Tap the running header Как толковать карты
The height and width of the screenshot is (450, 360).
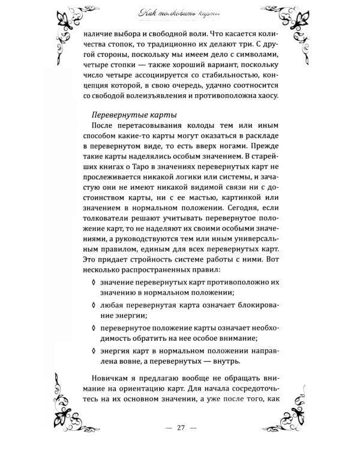(x=180, y=13)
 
